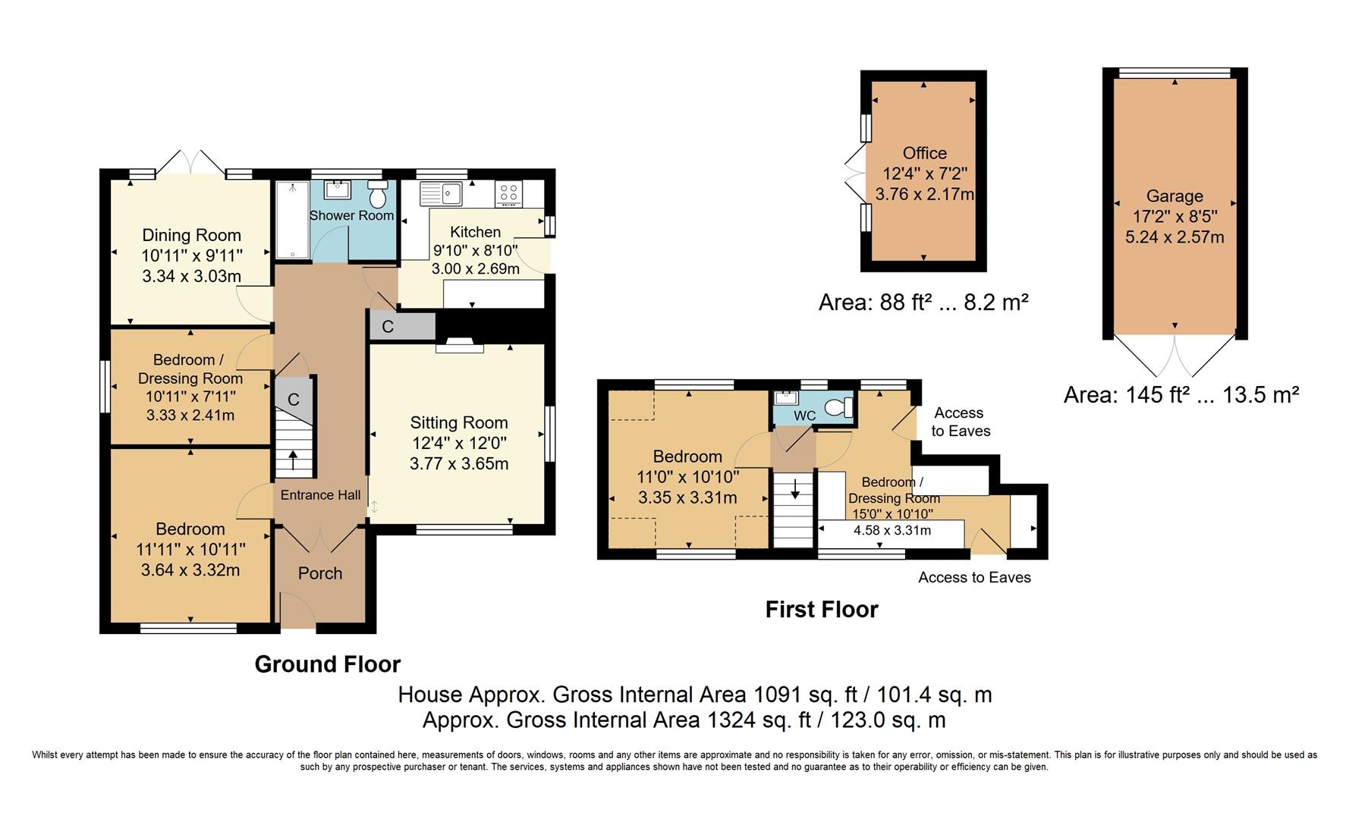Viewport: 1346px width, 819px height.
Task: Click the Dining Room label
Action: coord(191,235)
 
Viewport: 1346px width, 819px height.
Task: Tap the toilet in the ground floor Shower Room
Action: coord(377,195)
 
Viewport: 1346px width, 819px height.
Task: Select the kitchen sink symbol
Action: coord(442,193)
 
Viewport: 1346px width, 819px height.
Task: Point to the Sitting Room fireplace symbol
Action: coord(460,347)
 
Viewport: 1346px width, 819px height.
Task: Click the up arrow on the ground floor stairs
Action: coord(293,460)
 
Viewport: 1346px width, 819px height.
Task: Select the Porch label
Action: coord(320,573)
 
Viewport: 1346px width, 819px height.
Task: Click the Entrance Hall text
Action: coord(320,495)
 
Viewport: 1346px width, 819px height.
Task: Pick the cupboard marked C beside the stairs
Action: coord(294,400)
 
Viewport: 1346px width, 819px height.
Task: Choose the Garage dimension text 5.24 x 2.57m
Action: coord(1174,237)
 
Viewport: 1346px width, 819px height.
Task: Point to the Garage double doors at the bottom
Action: coord(1174,356)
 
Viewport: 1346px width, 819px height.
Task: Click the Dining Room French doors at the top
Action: coord(191,162)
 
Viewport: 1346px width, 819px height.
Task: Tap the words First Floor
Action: coord(821,610)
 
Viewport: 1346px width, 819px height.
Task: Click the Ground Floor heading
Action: coord(327,664)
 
